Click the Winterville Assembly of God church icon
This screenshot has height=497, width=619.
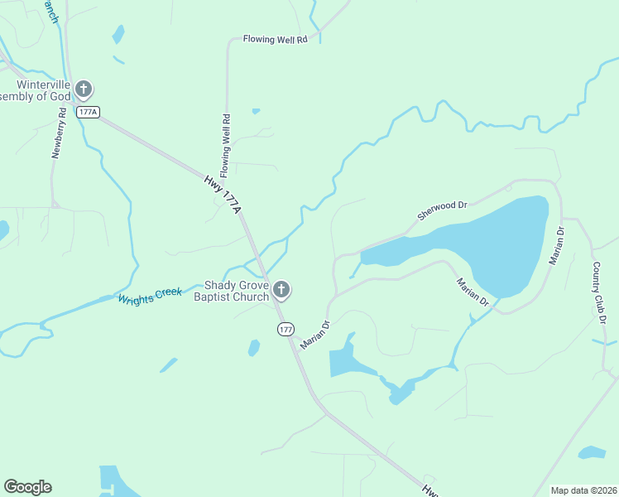point(83,89)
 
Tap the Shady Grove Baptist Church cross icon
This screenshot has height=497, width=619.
point(281,289)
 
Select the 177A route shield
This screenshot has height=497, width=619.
point(88,112)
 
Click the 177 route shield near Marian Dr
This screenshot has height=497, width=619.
point(286,329)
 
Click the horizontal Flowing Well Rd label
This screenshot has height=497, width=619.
point(275,39)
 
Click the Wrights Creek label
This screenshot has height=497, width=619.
point(150,295)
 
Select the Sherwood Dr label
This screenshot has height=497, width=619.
point(443,209)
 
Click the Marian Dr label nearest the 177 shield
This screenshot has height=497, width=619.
point(314,335)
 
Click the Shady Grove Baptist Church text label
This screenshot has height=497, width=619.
point(232,291)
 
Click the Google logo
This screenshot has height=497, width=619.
point(27,487)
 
